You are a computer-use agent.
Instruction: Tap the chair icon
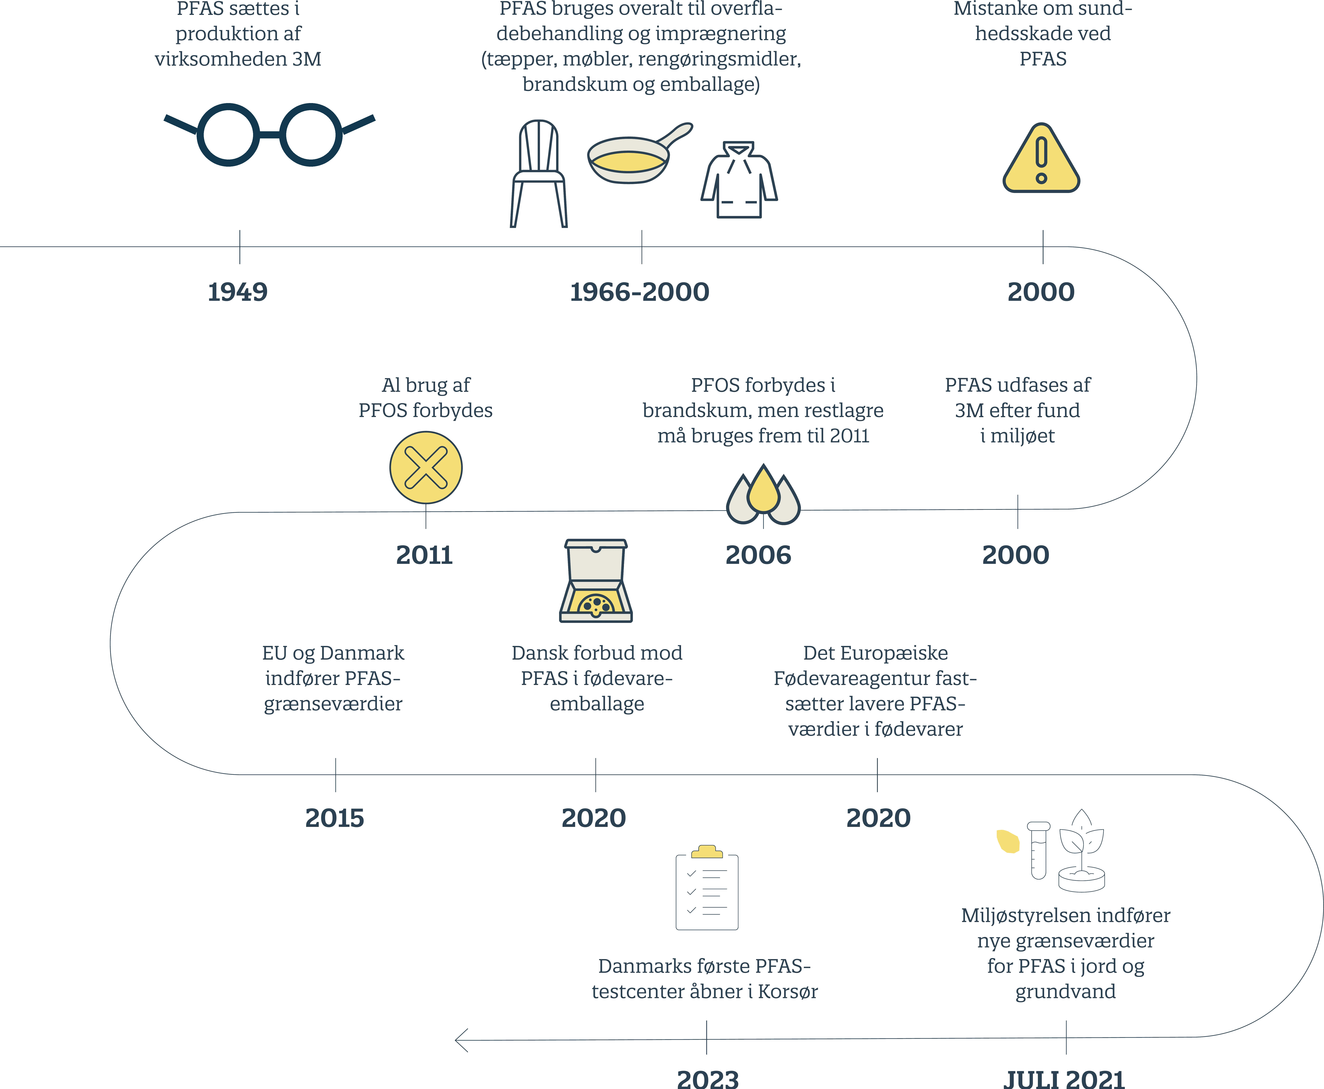(x=539, y=174)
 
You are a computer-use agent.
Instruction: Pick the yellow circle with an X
(x=426, y=467)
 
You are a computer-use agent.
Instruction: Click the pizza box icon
(x=596, y=580)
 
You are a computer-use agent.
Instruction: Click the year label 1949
(x=238, y=292)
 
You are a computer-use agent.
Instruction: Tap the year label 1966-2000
(x=640, y=292)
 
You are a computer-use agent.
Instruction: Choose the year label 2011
(x=425, y=555)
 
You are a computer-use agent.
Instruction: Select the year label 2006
(x=758, y=555)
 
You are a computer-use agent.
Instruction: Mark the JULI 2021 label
(x=1064, y=1079)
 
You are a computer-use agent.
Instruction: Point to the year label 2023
(x=708, y=1079)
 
